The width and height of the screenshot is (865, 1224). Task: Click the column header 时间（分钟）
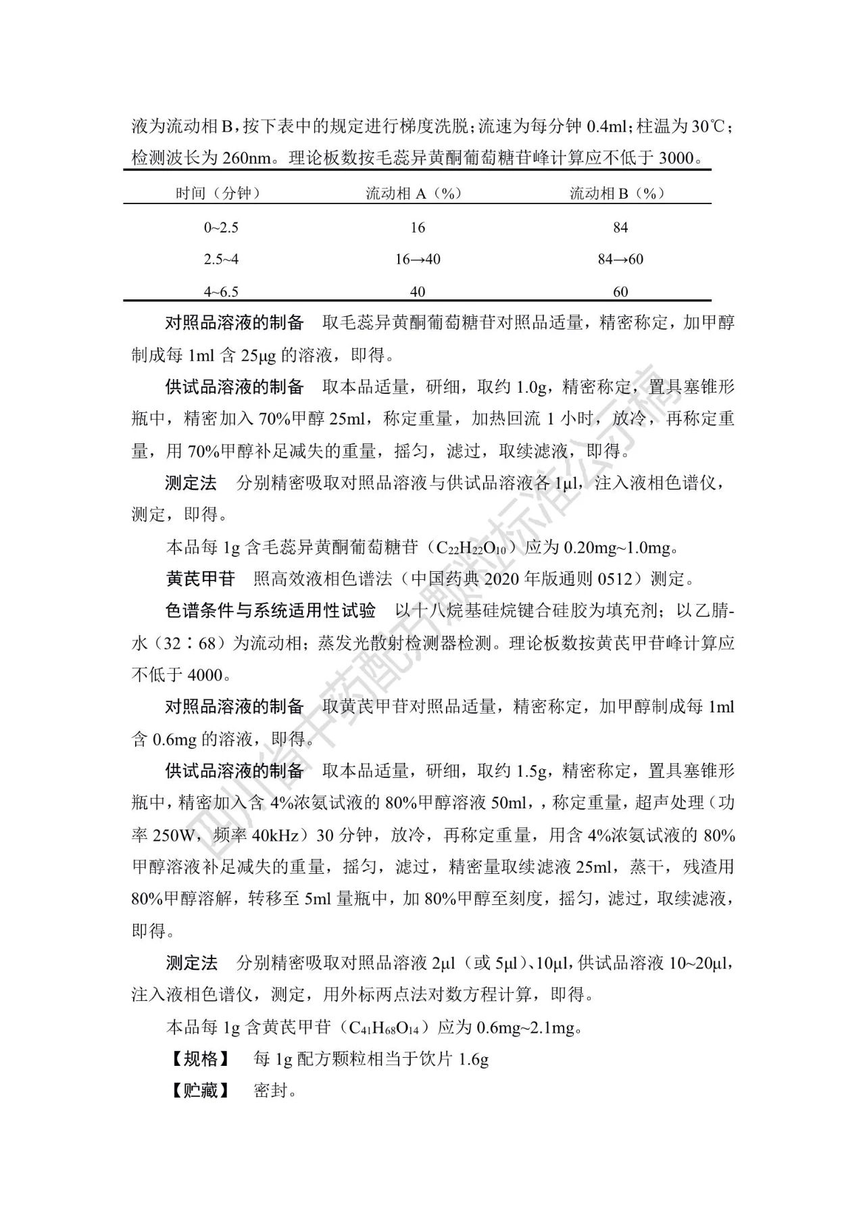click(218, 193)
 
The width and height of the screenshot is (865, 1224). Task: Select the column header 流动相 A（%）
click(414, 193)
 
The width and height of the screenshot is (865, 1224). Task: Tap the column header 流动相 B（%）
click(618, 193)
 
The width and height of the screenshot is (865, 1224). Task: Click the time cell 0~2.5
click(221, 228)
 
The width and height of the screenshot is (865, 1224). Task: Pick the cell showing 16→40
click(418, 260)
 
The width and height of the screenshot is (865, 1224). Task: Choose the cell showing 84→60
click(620, 260)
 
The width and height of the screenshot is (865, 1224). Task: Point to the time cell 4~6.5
click(221, 292)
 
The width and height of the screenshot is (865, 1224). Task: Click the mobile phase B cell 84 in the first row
click(620, 228)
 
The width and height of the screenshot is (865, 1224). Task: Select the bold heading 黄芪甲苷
click(200, 579)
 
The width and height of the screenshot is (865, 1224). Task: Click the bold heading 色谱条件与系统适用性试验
click(270, 611)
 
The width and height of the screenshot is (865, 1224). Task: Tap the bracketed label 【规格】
click(201, 1059)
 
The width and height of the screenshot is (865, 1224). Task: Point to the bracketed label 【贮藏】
click(201, 1091)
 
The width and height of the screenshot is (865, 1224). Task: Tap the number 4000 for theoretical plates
click(205, 675)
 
